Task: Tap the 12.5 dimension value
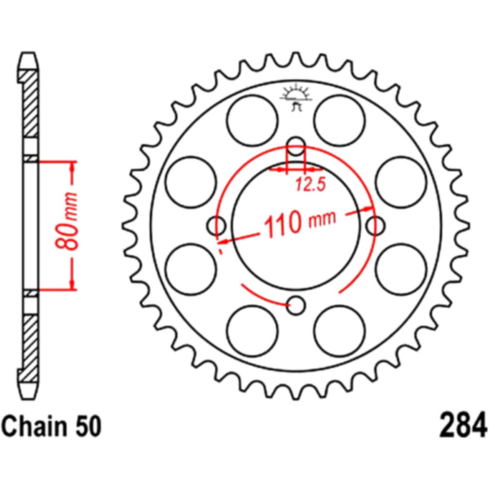(311, 184)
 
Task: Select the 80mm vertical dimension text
(68, 222)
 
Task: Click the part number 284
(463, 425)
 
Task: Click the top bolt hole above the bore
(296, 146)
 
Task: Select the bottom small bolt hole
(296, 306)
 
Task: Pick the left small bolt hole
(216, 226)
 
